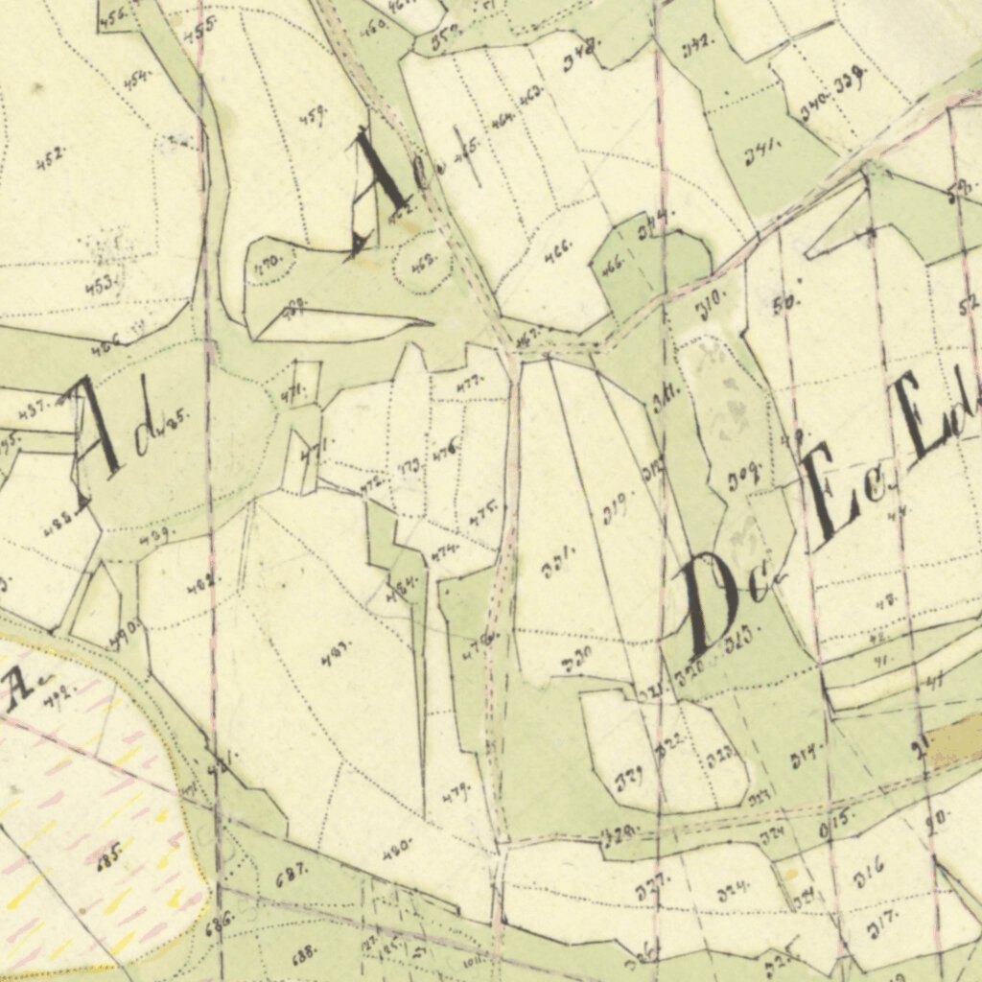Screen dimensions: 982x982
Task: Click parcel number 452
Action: (51, 158)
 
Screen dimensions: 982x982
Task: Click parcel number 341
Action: (762, 152)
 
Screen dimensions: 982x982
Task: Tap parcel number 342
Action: (696, 44)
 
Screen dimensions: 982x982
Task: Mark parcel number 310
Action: (711, 305)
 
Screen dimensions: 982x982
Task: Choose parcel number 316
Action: (870, 875)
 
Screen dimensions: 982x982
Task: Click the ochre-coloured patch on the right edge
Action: (954, 738)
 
